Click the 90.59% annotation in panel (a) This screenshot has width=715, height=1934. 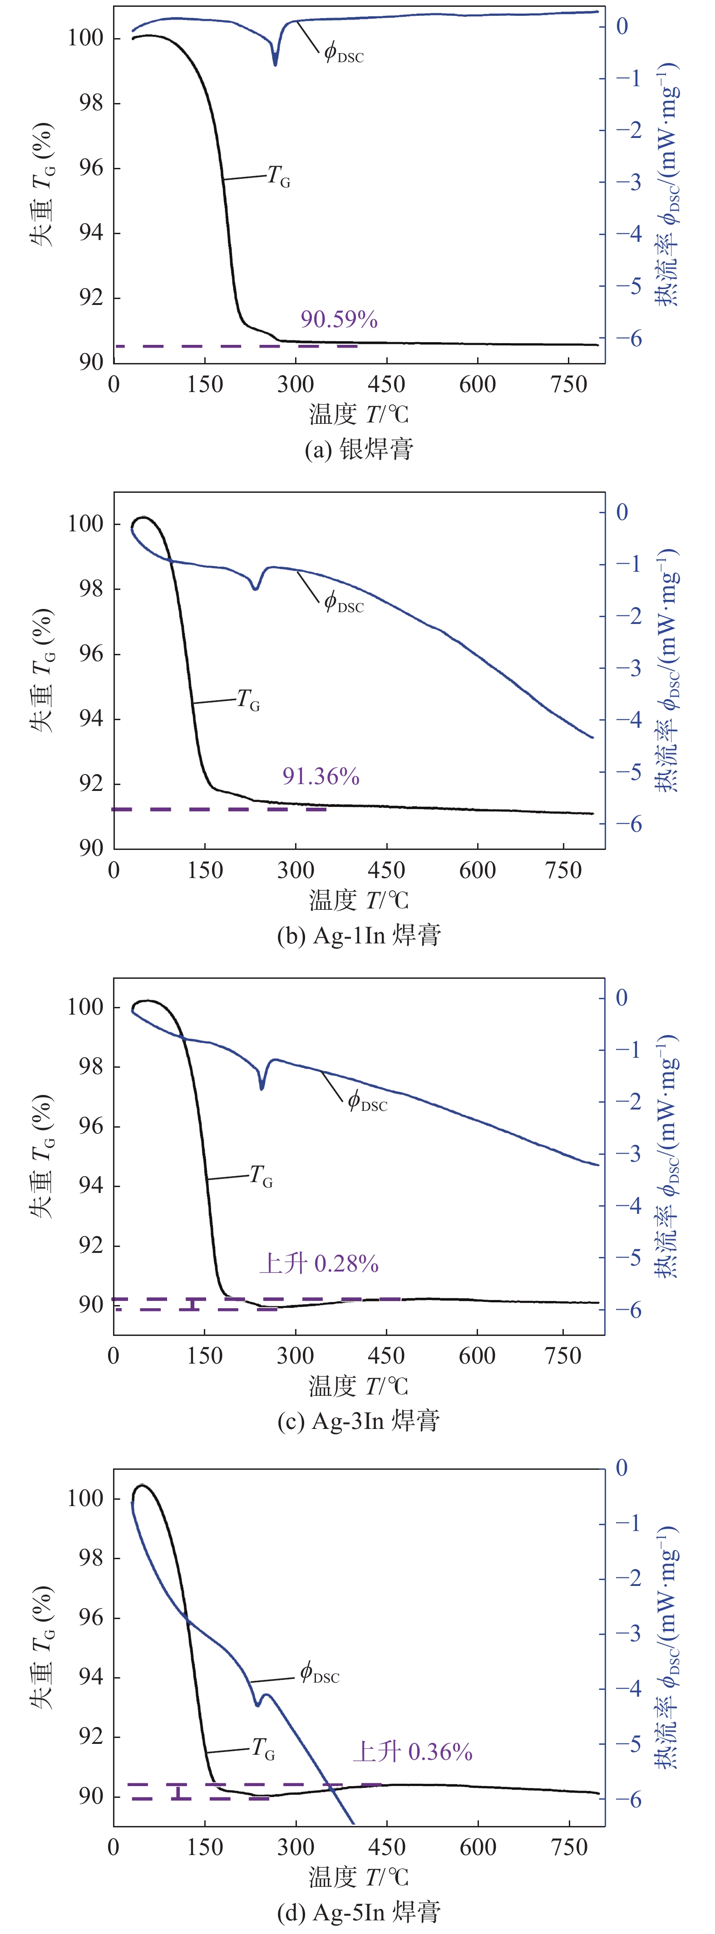[339, 320]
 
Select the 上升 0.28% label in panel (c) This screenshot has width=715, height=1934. [318, 1264]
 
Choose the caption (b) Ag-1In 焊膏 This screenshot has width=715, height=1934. [358, 936]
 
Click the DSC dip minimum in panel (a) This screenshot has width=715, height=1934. [276, 64]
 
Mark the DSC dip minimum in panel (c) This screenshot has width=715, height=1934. [262, 1088]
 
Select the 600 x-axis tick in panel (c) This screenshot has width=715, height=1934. [477, 1356]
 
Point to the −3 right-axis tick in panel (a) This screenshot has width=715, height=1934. [629, 182]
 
